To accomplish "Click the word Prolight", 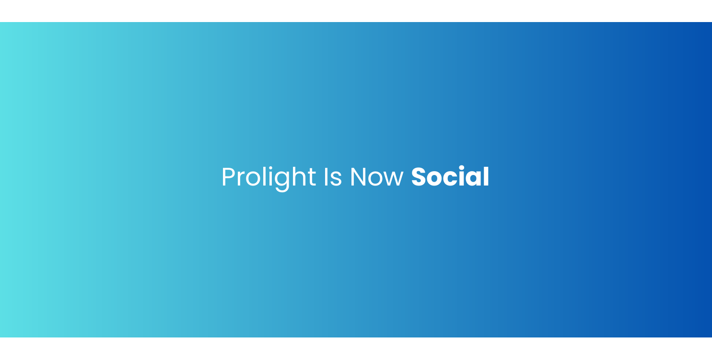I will coord(268,177).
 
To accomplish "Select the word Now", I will coord(377,177).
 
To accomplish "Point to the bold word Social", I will coord(450,177).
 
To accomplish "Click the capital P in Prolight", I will coord(228,177).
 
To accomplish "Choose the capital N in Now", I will coord(358,177).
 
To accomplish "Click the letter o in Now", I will coord(376,179).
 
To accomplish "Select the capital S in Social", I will coord(420,177).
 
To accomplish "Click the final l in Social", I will coord(486,176).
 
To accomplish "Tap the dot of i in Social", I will coord(464,167).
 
